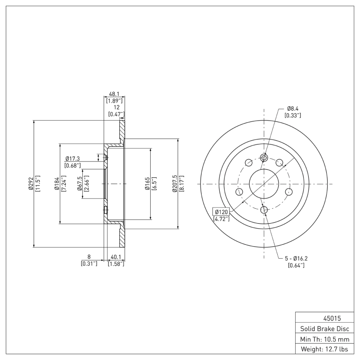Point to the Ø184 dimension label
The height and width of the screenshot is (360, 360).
pos(57,184)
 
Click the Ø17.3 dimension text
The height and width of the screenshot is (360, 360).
pos(72,159)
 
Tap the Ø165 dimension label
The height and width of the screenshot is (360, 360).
pos(147,184)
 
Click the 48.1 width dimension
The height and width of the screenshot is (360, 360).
pos(114,94)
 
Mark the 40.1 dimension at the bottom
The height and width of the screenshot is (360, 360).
pos(116,257)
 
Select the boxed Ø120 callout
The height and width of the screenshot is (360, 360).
pos(221,211)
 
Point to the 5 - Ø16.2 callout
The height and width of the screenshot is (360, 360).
pos(296,258)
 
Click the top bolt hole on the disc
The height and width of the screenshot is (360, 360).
pos(265,157)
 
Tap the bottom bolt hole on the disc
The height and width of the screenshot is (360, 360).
pos(265,209)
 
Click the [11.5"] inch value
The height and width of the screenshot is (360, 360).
pos(37,184)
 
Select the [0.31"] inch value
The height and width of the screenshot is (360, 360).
pos(89,264)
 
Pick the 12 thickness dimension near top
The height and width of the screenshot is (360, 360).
pos(116,108)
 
